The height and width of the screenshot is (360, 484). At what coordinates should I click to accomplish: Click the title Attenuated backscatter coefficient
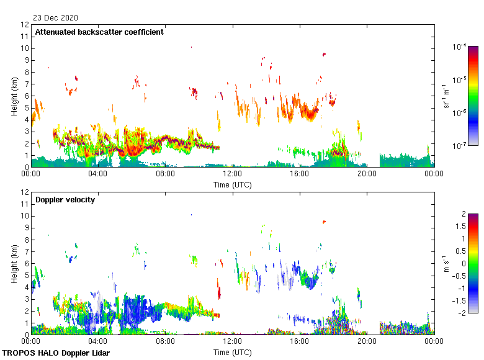click(x=99, y=32)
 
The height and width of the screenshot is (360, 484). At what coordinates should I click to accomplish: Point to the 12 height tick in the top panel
click(x=25, y=25)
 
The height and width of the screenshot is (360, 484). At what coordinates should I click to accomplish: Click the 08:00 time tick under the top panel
click(x=165, y=174)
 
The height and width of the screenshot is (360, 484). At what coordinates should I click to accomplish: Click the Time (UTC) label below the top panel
click(x=232, y=184)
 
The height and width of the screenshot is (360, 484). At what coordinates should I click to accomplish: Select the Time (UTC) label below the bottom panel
click(x=232, y=352)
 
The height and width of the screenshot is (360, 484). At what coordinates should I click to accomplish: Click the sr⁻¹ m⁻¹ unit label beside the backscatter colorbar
click(x=446, y=96)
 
